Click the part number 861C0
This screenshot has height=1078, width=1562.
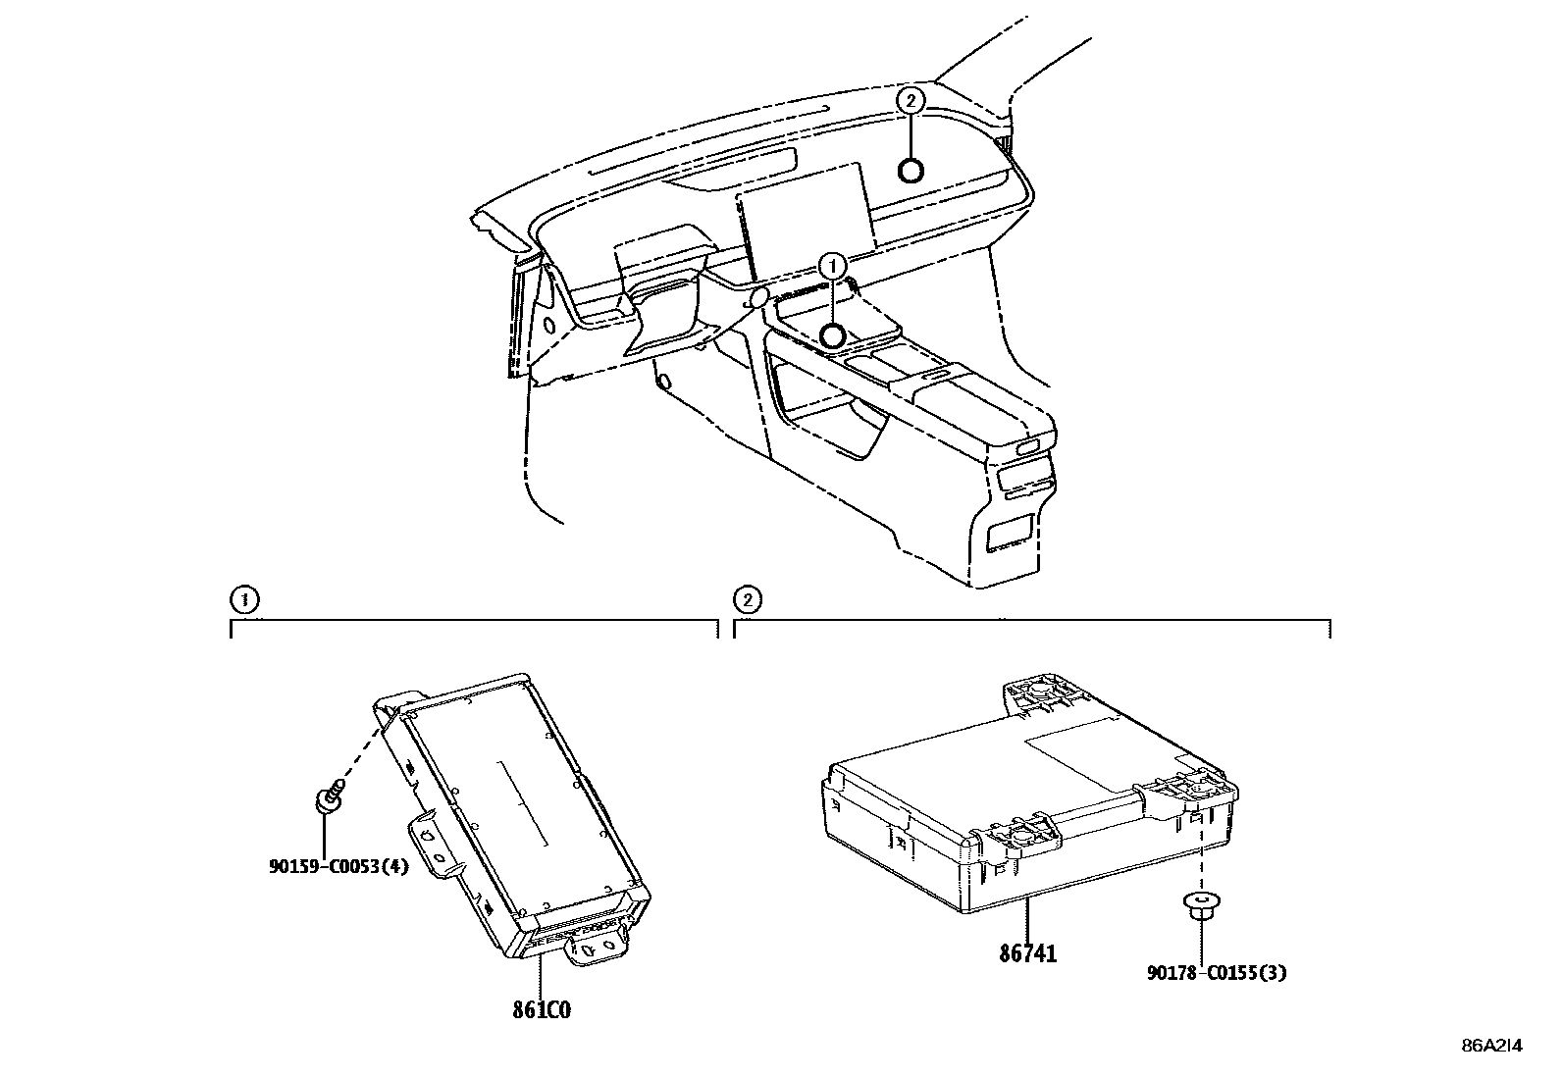[542, 1010]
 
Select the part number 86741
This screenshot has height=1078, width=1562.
[1028, 953]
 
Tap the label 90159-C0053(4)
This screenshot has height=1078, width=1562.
[338, 867]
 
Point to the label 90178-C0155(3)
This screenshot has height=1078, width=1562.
[1217, 973]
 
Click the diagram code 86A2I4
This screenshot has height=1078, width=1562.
[1492, 1046]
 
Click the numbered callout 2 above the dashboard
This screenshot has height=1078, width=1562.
[910, 100]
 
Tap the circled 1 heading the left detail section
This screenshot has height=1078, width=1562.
[244, 599]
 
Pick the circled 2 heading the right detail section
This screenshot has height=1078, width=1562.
[748, 599]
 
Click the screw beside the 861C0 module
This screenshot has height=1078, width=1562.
[331, 796]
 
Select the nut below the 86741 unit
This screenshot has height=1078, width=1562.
[1202, 907]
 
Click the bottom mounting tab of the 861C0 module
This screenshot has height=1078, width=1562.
[598, 949]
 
